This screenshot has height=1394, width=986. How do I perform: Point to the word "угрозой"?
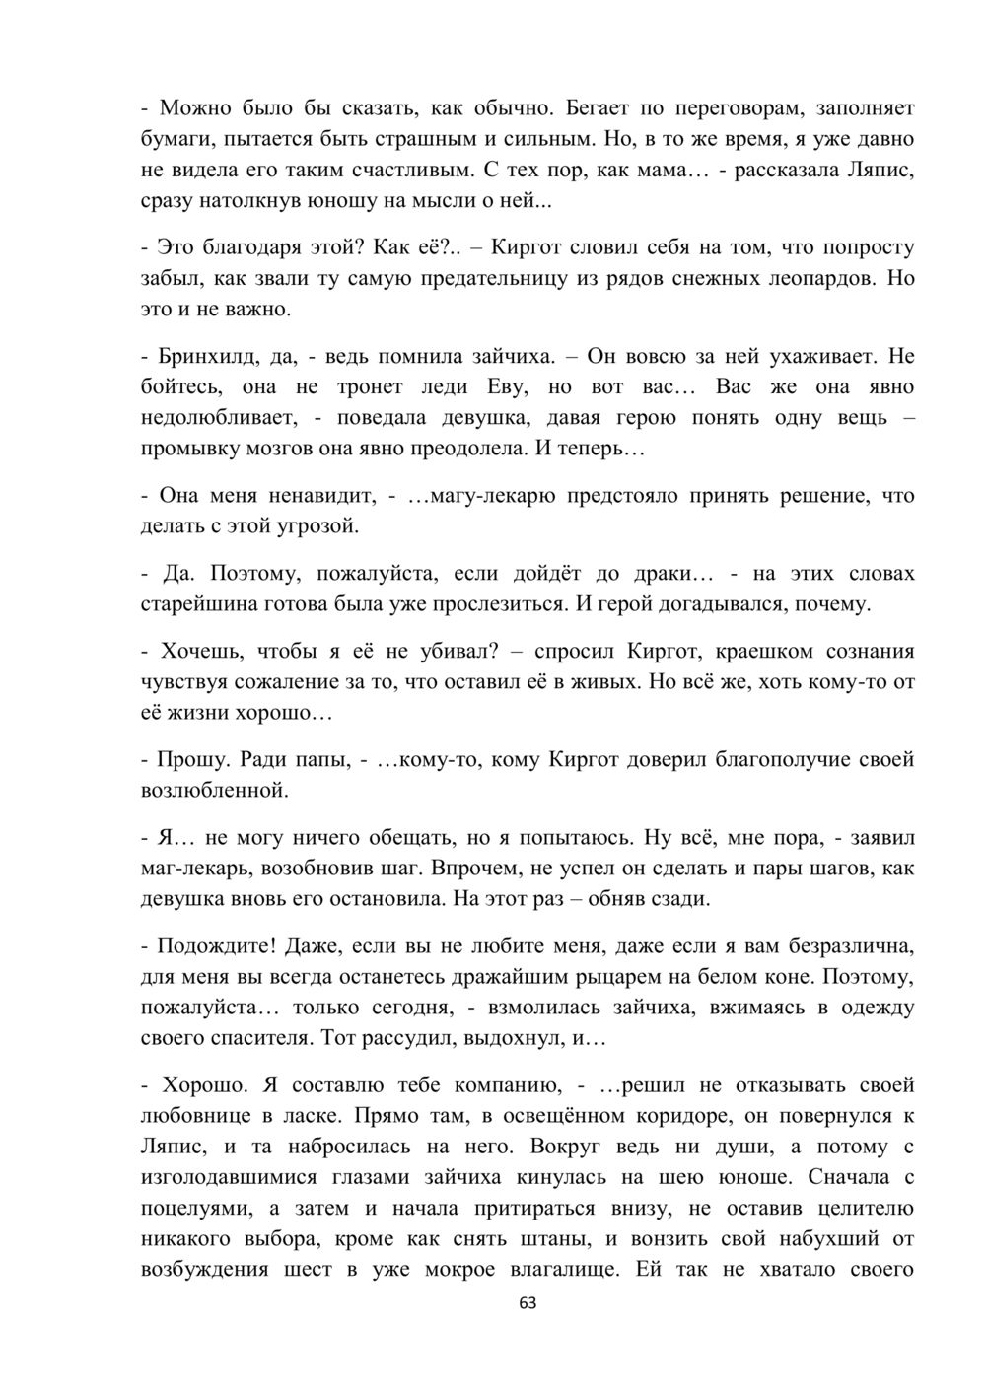click(x=318, y=525)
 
